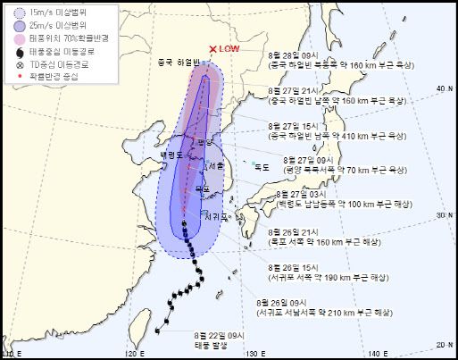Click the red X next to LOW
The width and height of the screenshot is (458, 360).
tap(212, 50)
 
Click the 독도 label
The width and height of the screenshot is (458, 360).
tap(262, 167)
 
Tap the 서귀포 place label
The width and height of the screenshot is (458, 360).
tap(217, 215)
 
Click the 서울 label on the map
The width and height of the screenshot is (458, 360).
tap(214, 167)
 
